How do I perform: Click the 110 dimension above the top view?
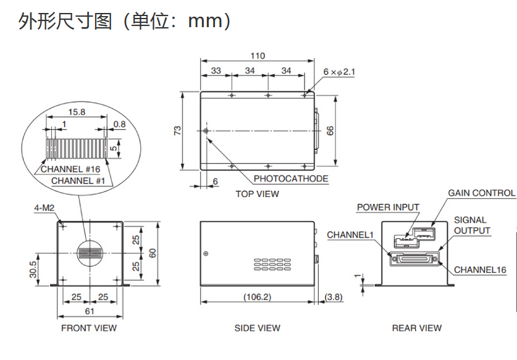pos(258,56)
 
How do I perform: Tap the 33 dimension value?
pos(216,71)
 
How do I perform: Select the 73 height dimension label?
pos(177,130)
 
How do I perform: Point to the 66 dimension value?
pos(330,130)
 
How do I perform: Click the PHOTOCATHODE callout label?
pos(291,179)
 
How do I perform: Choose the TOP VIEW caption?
pos(257,194)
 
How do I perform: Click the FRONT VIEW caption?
pos(88,328)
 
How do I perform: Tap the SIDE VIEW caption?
pos(257,328)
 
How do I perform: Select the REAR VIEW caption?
pos(417,328)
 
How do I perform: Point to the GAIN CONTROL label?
pos(481,193)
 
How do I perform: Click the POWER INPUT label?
pos(388,207)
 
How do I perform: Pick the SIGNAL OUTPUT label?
pos(472,225)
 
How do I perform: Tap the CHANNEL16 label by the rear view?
pos(480,270)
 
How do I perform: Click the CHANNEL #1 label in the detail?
pos(78,181)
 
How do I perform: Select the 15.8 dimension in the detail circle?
pos(77,112)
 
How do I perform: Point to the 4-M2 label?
pos(44,209)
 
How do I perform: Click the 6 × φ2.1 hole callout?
pos(339,72)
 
